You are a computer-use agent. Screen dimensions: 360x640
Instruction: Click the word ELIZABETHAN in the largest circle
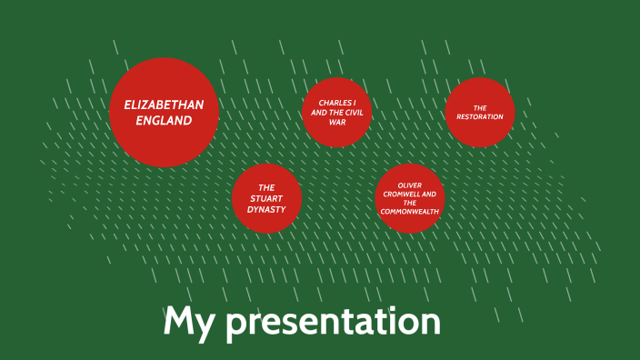[x=164, y=105]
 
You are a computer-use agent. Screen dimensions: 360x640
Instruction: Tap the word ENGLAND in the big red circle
[x=164, y=120]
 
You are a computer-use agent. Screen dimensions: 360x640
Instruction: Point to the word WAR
[x=337, y=122]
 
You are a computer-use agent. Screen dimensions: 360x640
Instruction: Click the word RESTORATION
[x=480, y=117]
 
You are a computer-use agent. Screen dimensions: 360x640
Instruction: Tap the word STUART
[x=266, y=197]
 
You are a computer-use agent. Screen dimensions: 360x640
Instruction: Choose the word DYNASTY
[x=266, y=209]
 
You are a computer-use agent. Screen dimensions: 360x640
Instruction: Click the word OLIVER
[x=410, y=185]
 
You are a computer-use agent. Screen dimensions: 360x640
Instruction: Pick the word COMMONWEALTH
[x=410, y=212]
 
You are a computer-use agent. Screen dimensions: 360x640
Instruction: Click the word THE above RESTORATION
[x=480, y=108]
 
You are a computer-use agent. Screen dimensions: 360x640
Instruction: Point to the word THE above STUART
[x=266, y=186]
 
